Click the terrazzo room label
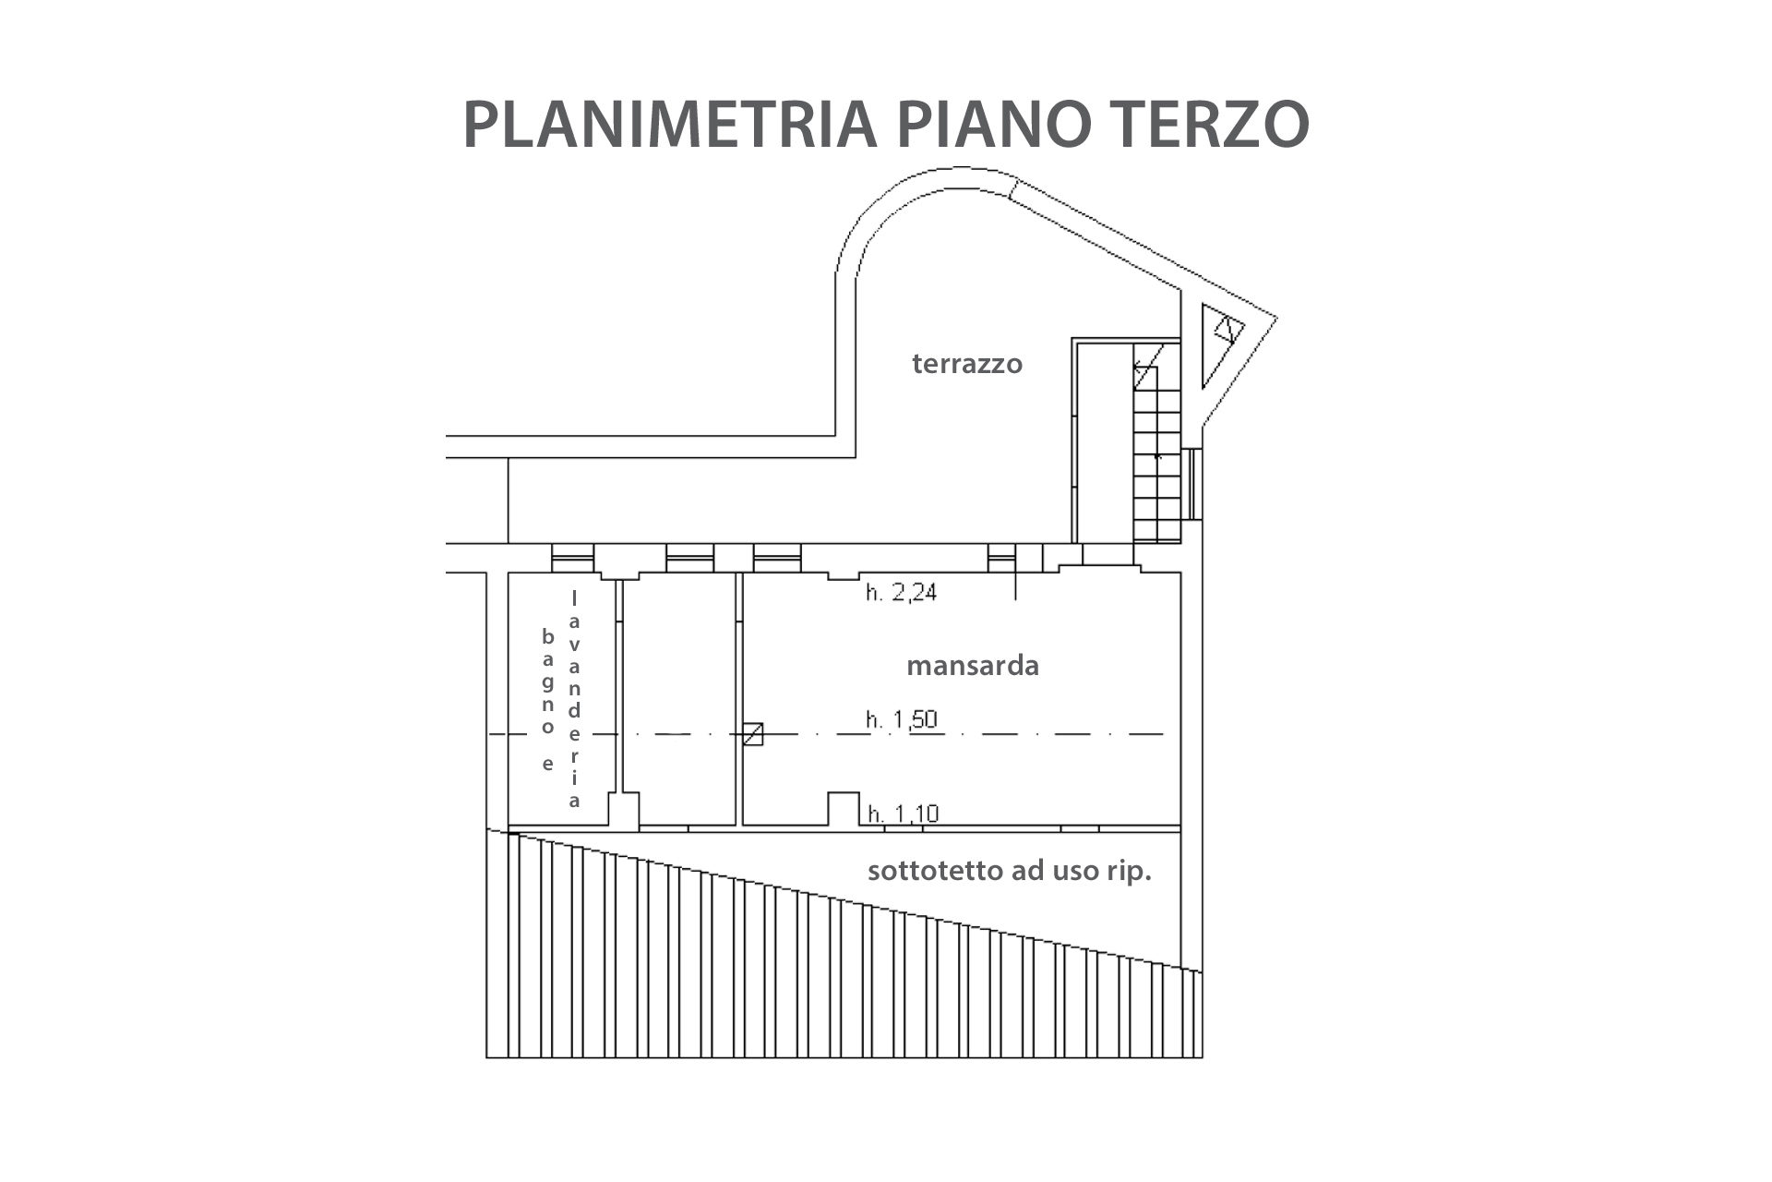click(967, 364)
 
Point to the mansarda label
click(973, 666)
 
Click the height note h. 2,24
click(901, 592)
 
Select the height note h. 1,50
click(902, 718)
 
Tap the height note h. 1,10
click(904, 814)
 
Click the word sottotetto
click(927, 871)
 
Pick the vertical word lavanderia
click(575, 700)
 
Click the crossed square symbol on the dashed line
click(753, 734)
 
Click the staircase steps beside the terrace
click(1157, 453)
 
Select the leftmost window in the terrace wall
click(572, 558)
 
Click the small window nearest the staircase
click(1001, 558)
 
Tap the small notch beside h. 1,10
click(844, 808)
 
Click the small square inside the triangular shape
click(1227, 330)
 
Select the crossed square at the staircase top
click(1145, 375)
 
